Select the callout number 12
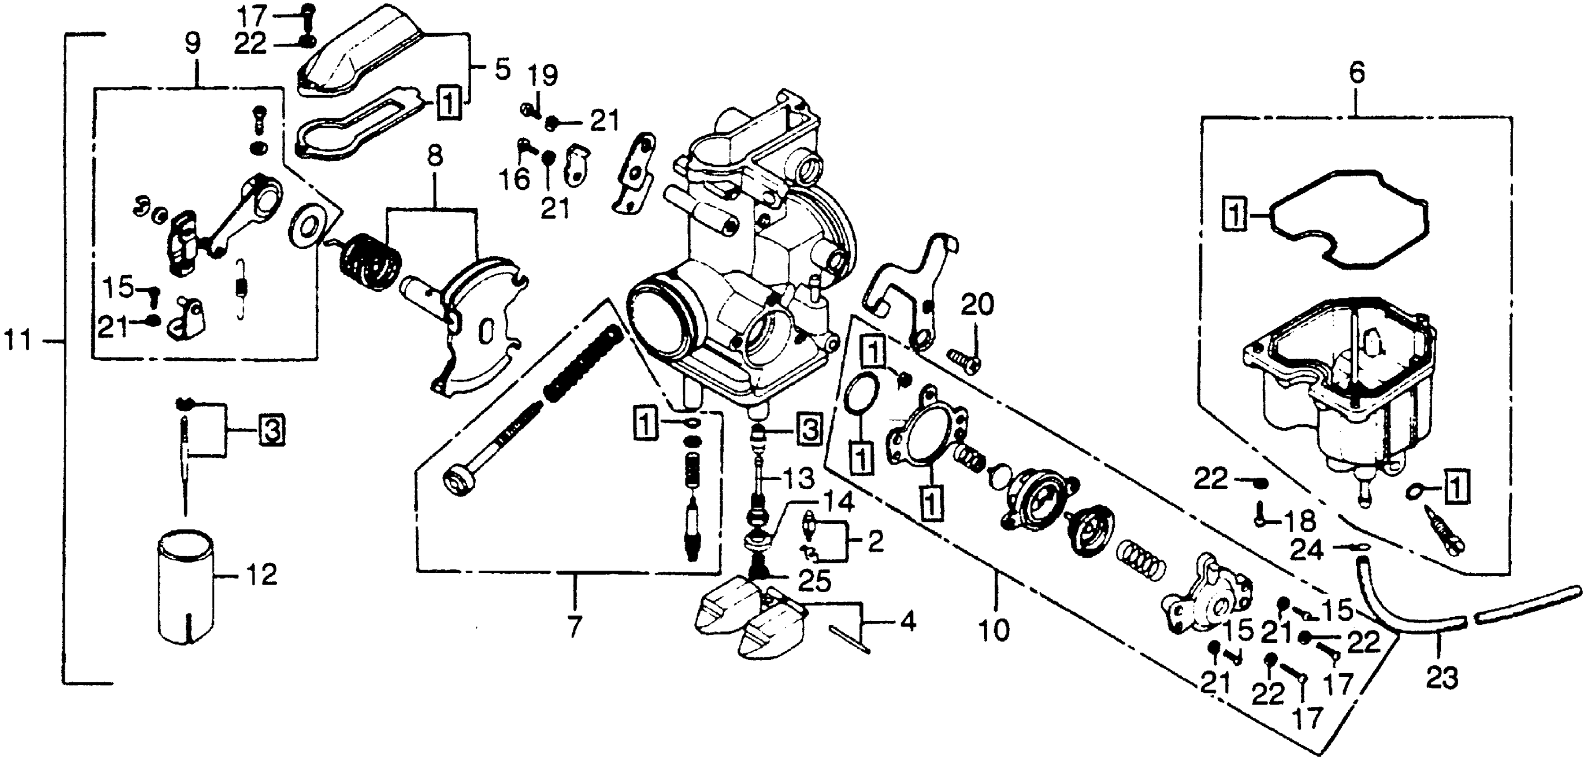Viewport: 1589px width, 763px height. [261, 576]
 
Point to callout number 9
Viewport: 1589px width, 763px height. [192, 43]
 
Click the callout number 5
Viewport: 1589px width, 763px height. [502, 70]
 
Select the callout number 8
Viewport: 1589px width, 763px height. [435, 156]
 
